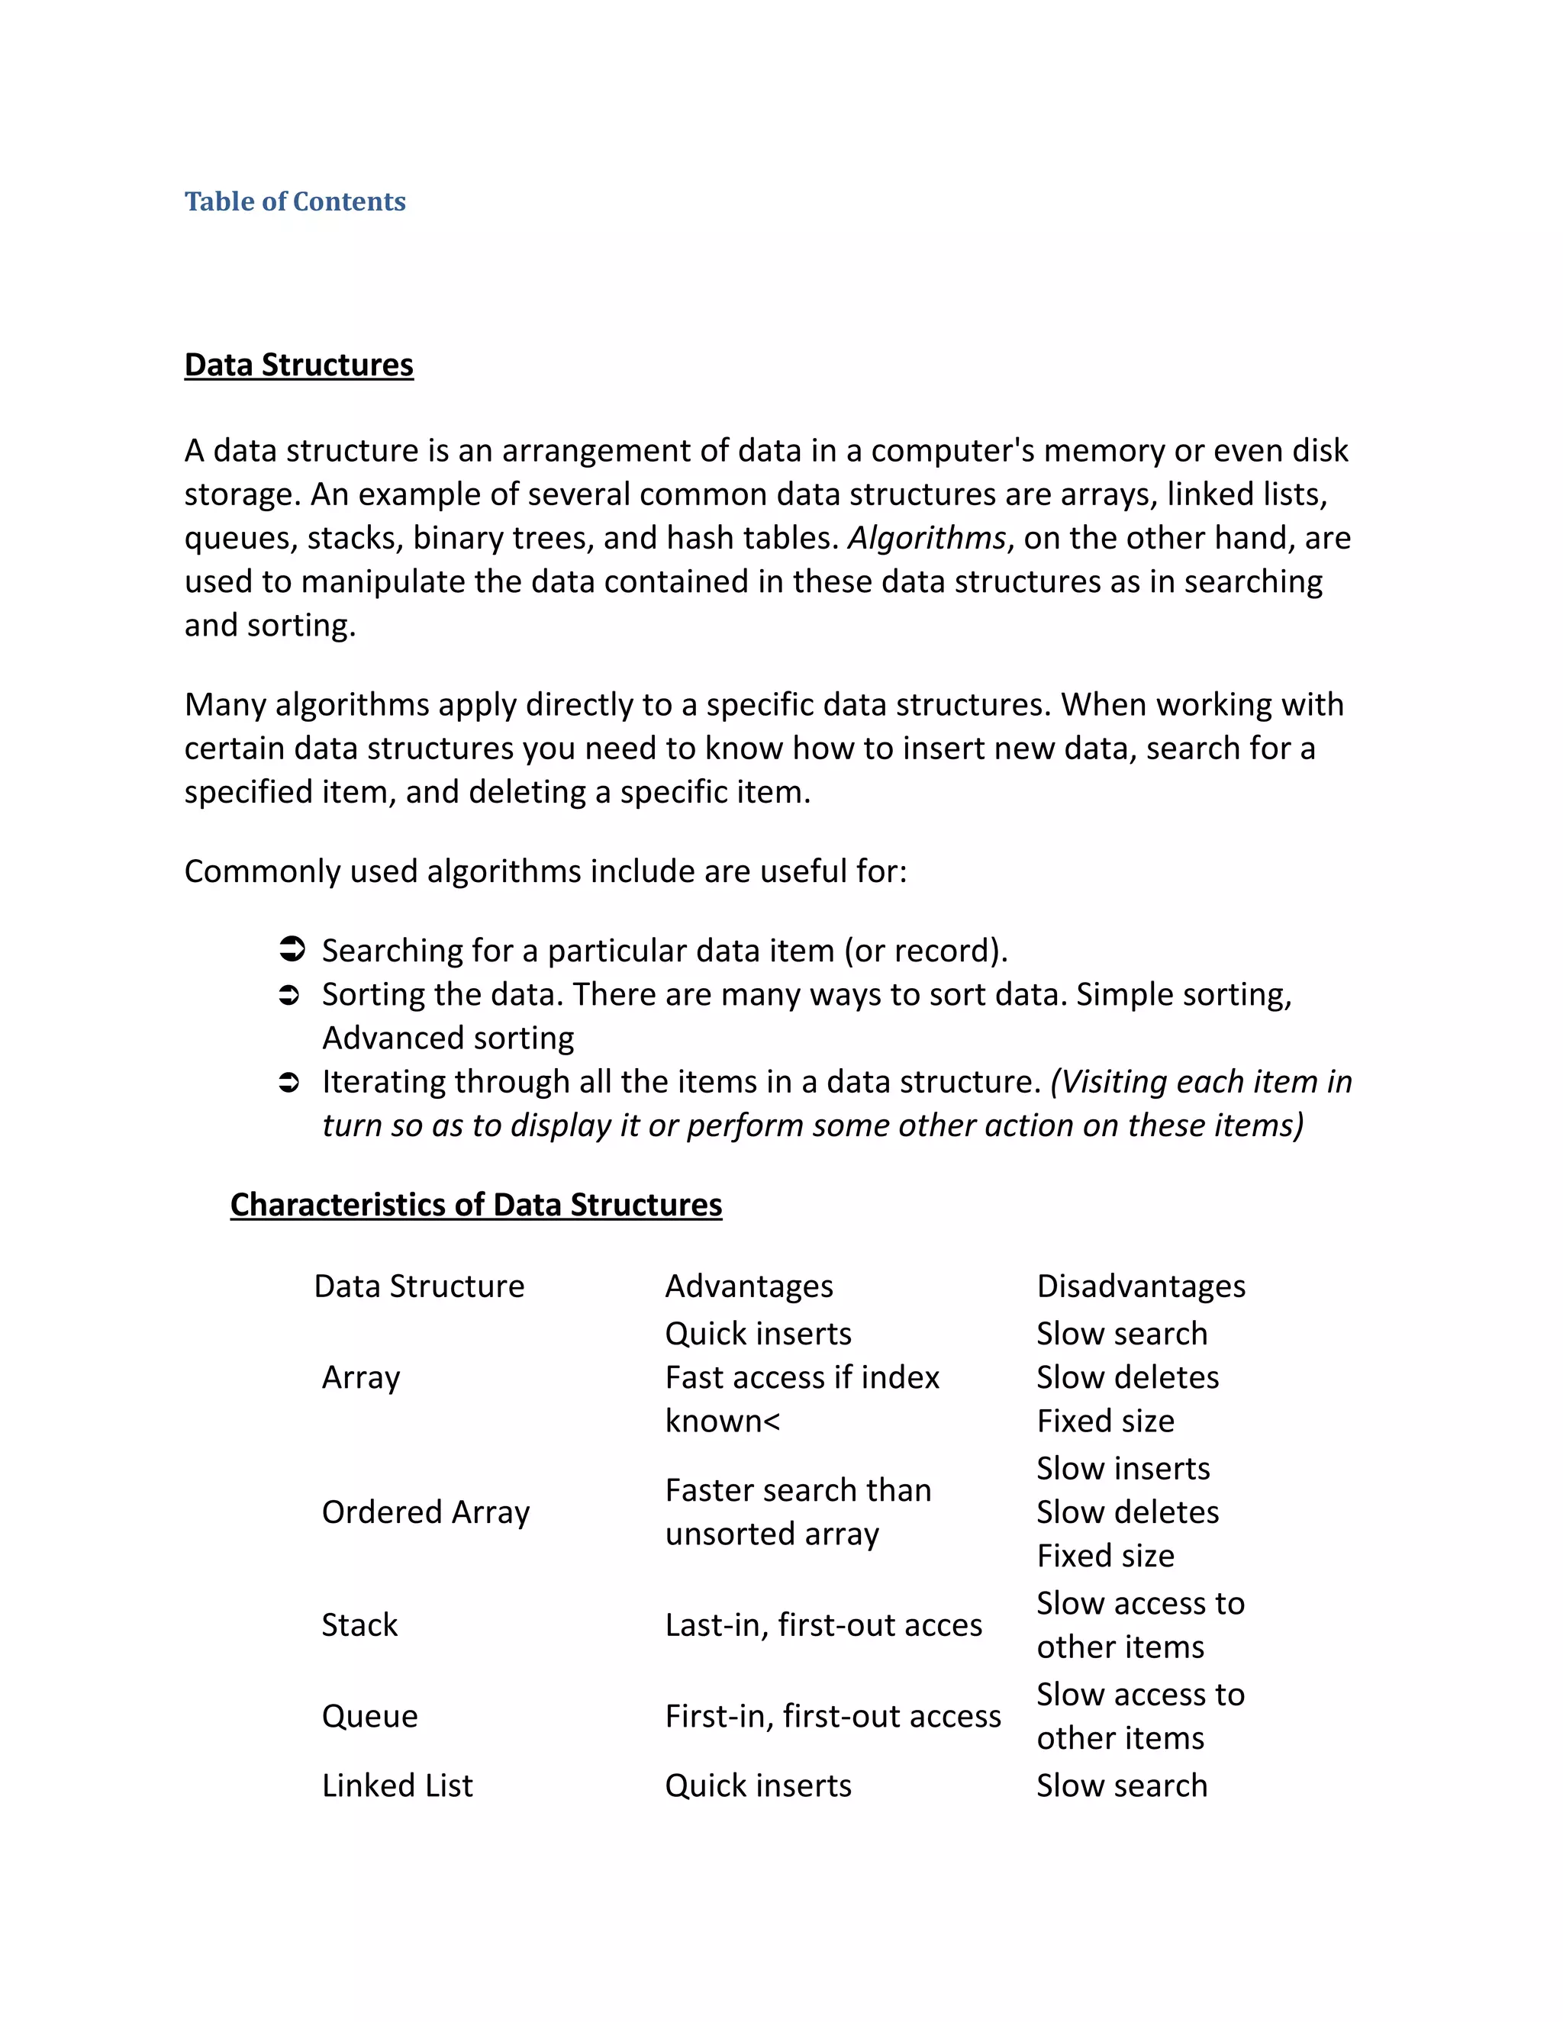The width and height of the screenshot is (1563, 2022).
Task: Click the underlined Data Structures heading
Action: [298, 365]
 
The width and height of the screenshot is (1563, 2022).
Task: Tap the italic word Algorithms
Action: [926, 538]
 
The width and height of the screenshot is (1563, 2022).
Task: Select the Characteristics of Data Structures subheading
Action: [476, 1205]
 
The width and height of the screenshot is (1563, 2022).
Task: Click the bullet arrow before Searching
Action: [291, 950]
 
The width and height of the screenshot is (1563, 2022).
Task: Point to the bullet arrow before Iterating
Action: [289, 1082]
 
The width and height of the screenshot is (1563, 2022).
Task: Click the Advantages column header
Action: [748, 1286]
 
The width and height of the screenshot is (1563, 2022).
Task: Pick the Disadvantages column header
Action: [1141, 1286]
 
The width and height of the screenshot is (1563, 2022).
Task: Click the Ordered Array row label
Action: [425, 1512]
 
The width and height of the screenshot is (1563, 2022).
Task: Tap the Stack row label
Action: [359, 1624]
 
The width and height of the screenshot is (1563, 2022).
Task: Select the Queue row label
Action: [369, 1715]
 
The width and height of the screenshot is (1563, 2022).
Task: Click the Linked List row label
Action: [397, 1785]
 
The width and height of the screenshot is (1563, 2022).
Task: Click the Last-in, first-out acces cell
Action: [823, 1624]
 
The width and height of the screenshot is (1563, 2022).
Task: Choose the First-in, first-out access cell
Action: [833, 1715]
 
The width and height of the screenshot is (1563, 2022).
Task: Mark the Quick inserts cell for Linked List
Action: [757, 1785]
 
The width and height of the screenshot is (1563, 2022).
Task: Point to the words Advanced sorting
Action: [448, 1038]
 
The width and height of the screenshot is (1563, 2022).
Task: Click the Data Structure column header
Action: [418, 1286]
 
